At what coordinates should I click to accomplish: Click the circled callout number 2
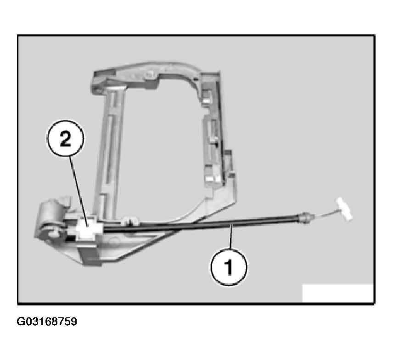pyautogui.click(x=65, y=138)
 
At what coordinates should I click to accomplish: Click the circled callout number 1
pyautogui.click(x=229, y=266)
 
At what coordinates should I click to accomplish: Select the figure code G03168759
pyautogui.click(x=47, y=321)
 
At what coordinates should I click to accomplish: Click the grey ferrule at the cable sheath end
pyautogui.click(x=305, y=218)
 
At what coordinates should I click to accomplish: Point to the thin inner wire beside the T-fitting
pyautogui.click(x=326, y=214)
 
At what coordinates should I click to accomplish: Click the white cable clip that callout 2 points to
pyautogui.click(x=87, y=228)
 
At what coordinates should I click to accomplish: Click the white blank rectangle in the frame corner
pyautogui.click(x=337, y=293)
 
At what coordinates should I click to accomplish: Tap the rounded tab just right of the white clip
pyautogui.click(x=130, y=222)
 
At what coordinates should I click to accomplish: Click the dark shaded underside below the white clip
pyautogui.click(x=89, y=257)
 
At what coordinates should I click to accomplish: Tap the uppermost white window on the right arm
pyautogui.click(x=207, y=101)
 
